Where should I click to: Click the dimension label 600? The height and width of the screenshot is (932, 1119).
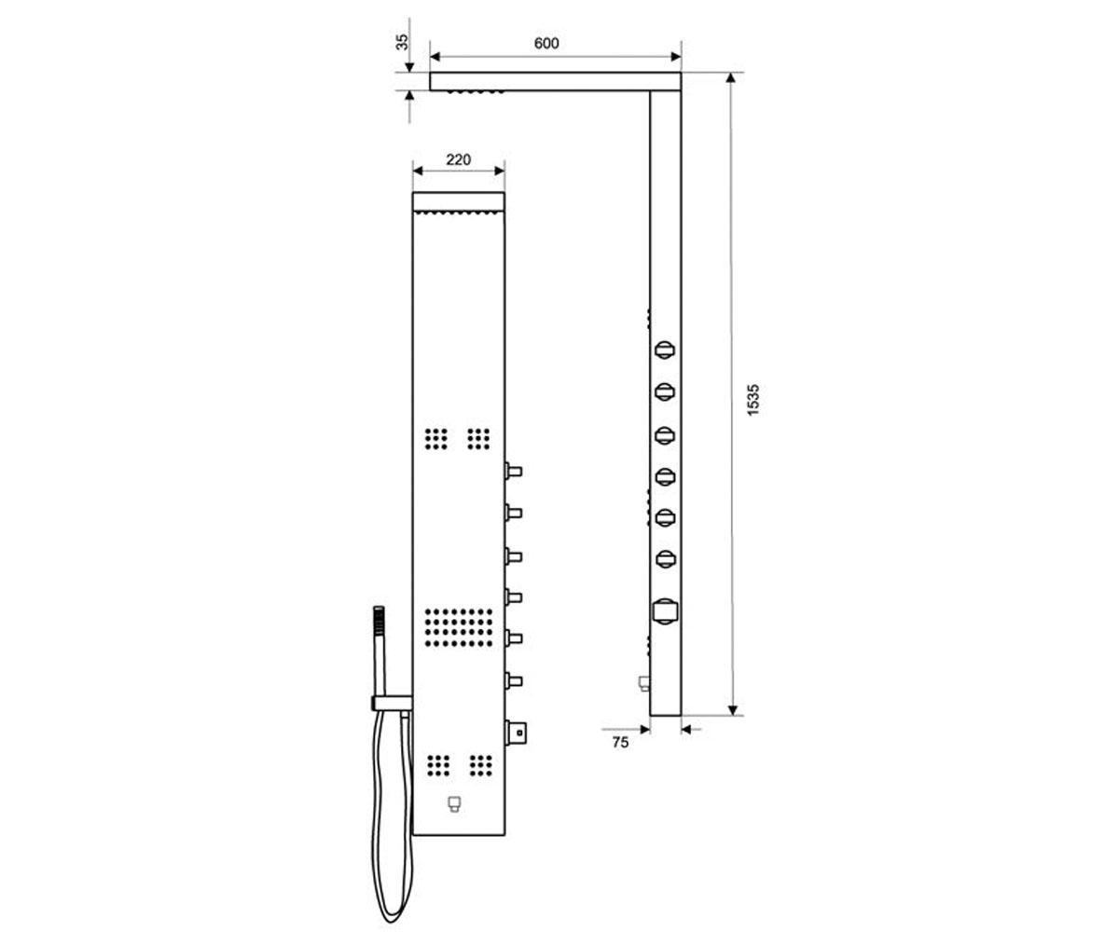tap(546, 44)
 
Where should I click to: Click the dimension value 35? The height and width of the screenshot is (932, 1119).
tap(402, 42)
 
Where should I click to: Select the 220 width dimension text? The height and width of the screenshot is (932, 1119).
tap(458, 159)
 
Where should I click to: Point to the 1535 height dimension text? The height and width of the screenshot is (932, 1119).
tap(753, 400)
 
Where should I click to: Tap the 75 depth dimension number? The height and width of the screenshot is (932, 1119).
tap(620, 743)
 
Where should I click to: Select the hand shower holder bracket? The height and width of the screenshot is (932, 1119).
tap(393, 704)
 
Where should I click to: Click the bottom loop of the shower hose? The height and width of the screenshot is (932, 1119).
tap(392, 917)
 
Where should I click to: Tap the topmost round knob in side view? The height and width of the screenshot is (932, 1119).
tap(665, 349)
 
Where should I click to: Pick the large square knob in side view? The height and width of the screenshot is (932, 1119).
tap(666, 611)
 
